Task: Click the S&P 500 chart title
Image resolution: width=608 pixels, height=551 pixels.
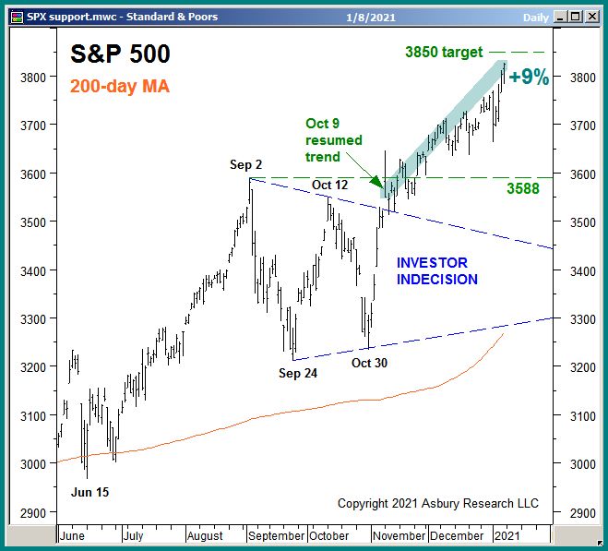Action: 120,54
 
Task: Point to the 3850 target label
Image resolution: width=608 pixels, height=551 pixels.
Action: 442,53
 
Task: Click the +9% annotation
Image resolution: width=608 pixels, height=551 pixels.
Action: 529,78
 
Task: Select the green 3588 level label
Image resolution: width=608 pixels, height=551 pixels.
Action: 524,189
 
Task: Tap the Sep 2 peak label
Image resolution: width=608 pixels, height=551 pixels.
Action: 246,165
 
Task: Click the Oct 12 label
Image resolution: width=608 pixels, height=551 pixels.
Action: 329,186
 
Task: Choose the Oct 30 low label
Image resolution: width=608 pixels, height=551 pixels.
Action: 370,363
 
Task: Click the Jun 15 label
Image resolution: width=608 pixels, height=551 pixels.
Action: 89,492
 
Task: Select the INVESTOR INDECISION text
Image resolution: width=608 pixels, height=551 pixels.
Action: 437,271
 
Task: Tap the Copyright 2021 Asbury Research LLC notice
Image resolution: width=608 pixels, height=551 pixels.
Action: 437,503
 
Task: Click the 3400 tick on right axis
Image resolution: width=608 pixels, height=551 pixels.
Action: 576,270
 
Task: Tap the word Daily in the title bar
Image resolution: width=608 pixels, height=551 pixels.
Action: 536,16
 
